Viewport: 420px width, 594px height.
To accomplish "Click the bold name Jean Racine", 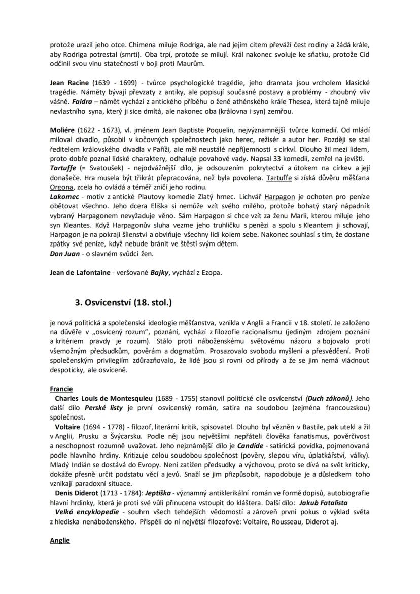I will pos(69,82).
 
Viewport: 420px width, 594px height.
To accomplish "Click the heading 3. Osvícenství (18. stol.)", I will pos(123,303).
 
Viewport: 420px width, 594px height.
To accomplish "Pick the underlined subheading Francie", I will pos(61,389).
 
